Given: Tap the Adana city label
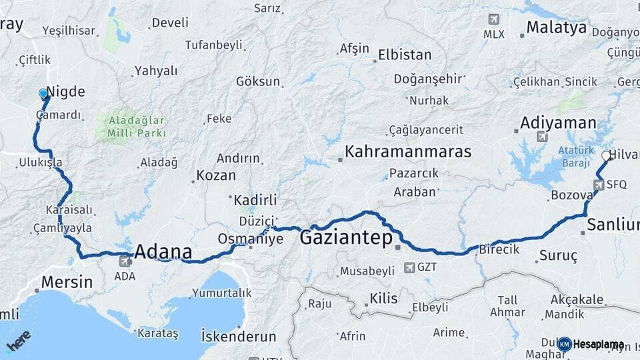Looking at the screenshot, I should tap(163, 252).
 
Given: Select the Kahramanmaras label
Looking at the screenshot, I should tap(407, 151).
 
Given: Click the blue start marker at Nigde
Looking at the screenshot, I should tap(44, 94).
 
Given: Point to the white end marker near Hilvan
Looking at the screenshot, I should tap(606, 156).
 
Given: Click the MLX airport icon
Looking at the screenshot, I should tap(493, 19).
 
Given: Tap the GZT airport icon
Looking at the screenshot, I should tap(409, 268).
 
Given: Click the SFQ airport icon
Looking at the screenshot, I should tap(599, 185).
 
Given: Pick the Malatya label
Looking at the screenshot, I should tap(557, 27).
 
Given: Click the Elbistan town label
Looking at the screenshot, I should tap(405, 55).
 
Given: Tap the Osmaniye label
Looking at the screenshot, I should tap(251, 239).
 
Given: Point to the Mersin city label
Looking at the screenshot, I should tap(67, 282).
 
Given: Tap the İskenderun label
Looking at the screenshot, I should tap(239, 337).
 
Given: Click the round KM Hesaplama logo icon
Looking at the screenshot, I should tap(564, 344).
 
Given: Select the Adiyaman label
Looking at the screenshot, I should tap(558, 123).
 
